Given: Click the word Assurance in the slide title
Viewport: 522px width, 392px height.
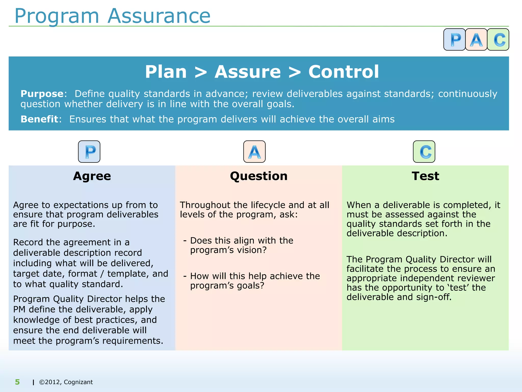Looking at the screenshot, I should click(159, 16).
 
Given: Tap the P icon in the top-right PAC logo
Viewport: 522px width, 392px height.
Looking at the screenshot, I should click(454, 40).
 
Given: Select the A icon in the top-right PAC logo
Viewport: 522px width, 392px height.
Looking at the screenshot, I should click(476, 40).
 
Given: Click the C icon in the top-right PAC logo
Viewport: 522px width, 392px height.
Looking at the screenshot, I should click(498, 40).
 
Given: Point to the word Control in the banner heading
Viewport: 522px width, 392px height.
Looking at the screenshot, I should click(344, 72).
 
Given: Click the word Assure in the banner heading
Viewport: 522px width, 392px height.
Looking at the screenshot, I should click(247, 72).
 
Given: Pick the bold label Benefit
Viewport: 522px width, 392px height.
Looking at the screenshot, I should click(39, 119).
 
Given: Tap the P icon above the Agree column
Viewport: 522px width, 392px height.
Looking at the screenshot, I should click(89, 152).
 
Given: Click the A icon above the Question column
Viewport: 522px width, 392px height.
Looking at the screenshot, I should click(254, 152).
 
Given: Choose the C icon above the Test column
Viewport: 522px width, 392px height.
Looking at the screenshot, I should click(424, 152).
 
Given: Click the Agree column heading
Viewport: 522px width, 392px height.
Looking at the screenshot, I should click(92, 176).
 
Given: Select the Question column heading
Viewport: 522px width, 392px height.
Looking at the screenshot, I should click(259, 176).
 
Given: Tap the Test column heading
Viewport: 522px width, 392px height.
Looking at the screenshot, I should click(425, 176).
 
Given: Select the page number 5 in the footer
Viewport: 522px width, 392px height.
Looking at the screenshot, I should click(17, 382).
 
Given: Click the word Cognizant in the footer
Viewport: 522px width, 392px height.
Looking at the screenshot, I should click(78, 382).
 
